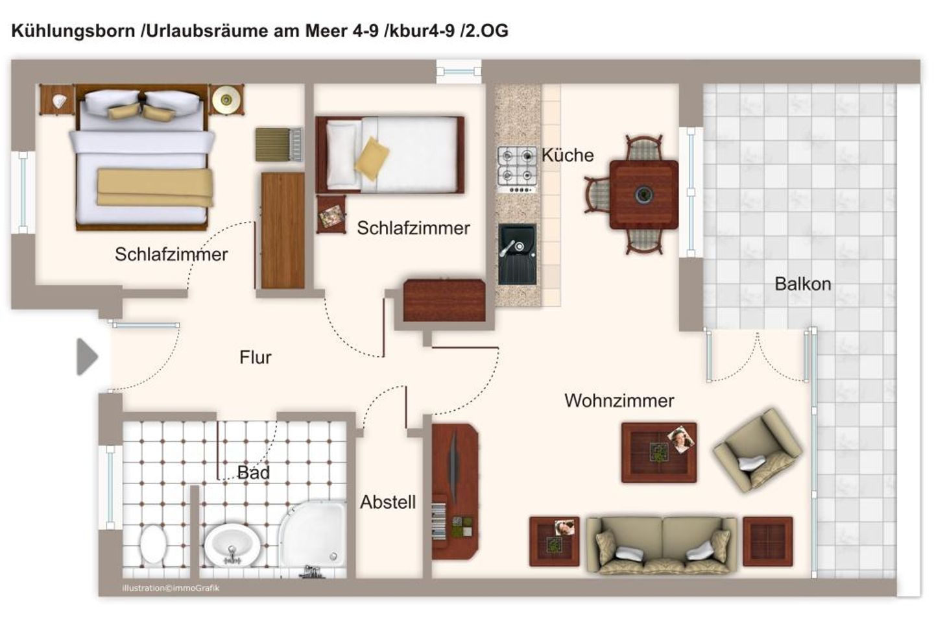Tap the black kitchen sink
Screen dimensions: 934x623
(517, 254)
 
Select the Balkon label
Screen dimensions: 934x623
(803, 284)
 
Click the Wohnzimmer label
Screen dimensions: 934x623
(619, 400)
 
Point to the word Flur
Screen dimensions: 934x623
(255, 357)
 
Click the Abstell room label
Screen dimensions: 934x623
(388, 502)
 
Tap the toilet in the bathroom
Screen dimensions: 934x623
(154, 544)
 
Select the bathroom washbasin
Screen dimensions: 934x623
(232, 544)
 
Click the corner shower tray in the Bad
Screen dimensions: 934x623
(313, 535)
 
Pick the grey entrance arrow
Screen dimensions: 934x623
(87, 357)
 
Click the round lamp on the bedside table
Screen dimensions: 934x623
(226, 100)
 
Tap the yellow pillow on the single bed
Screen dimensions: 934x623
(372, 159)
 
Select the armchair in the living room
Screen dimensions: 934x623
(758, 450)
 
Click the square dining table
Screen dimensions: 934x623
(644, 195)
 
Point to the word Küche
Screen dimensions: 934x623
(568, 155)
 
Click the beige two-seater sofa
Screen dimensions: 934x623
(662, 545)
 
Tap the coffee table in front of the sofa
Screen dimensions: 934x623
(659, 453)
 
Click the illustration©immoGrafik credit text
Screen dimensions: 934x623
(171, 588)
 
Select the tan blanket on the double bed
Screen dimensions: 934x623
(155, 188)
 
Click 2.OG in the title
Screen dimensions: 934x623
(487, 31)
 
